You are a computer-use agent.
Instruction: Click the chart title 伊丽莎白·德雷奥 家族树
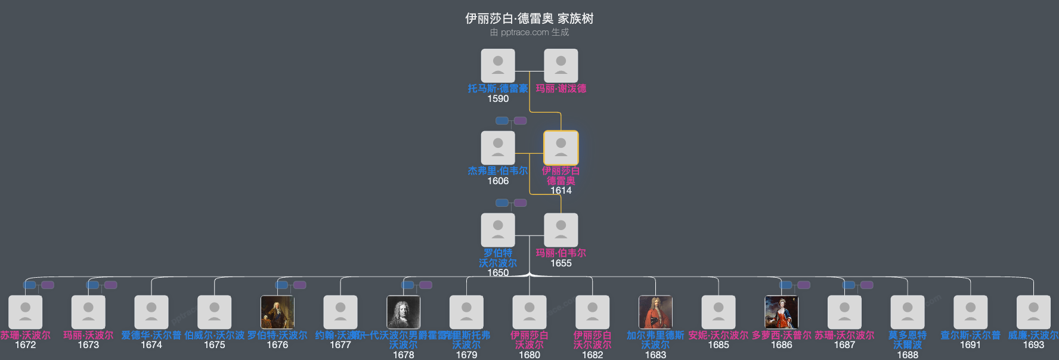tap(529, 18)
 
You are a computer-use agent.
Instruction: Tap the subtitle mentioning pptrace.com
tap(529, 32)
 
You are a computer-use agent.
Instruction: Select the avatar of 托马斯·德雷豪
tap(498, 66)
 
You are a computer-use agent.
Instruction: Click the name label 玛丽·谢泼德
tap(561, 88)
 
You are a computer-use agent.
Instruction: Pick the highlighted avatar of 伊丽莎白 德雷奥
tap(561, 148)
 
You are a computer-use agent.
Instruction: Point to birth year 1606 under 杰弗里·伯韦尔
tap(498, 181)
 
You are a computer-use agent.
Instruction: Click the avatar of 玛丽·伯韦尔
tap(561, 230)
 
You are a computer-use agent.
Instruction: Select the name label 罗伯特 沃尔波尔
tap(498, 257)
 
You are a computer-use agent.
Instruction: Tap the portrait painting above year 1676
tap(277, 312)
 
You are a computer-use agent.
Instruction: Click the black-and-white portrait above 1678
tap(403, 312)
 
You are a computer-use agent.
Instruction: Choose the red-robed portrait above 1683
tap(655, 312)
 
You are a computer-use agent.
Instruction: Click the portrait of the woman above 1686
tap(781, 312)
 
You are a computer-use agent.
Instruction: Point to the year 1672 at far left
tap(25, 345)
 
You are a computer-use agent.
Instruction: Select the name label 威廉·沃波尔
tap(1033, 335)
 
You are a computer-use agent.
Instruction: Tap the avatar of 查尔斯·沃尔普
tap(970, 312)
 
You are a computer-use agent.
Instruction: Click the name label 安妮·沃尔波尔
tap(718, 335)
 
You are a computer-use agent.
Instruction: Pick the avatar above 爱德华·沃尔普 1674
tap(151, 312)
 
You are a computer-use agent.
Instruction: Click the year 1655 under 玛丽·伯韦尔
tap(561, 263)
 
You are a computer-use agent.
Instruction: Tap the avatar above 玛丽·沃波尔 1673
tap(88, 312)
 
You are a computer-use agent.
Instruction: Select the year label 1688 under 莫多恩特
tap(907, 355)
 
